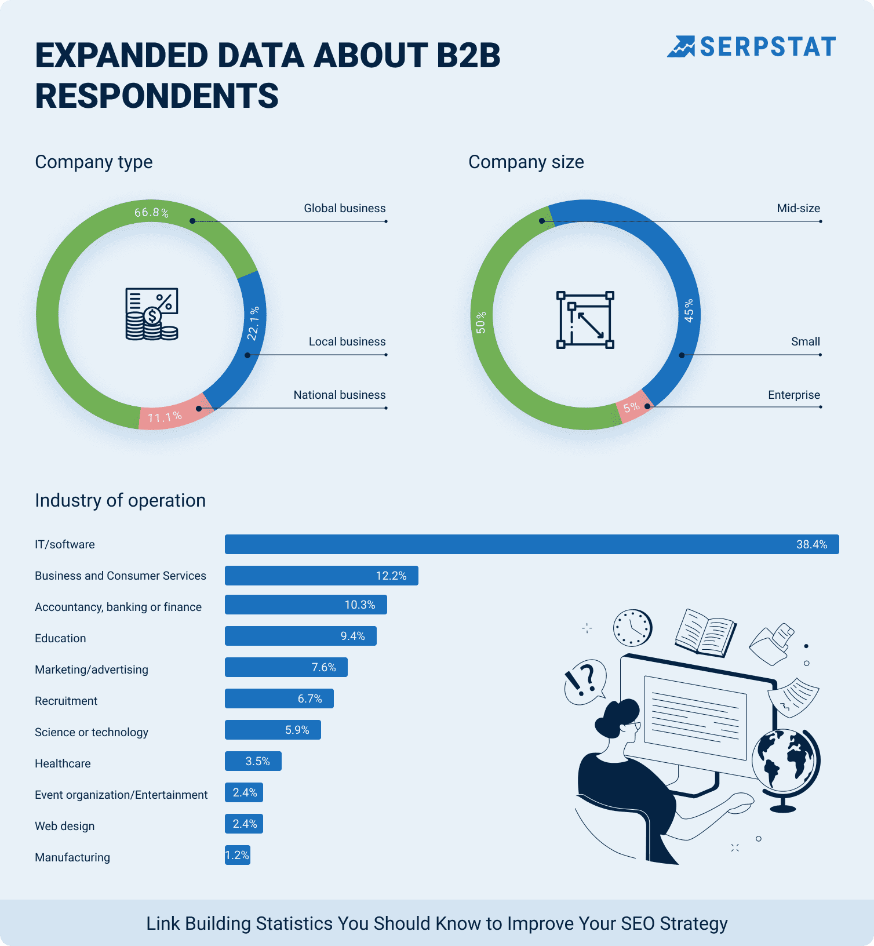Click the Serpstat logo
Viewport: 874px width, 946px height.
coord(751,47)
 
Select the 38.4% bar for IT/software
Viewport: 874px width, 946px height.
coord(531,544)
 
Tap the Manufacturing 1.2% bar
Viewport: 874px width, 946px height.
coord(238,855)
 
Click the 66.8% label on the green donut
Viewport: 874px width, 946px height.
coord(151,213)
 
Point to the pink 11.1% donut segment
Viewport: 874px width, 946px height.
coord(168,415)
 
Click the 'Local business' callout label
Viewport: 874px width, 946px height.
coord(347,341)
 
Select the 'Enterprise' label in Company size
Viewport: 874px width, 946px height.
coord(793,395)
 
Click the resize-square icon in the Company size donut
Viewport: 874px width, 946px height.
coord(585,320)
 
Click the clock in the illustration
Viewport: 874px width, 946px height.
coord(632,628)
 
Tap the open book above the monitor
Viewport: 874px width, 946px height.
coord(705,633)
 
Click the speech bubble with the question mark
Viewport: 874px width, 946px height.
coord(584,681)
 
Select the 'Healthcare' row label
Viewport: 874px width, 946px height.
coord(63,763)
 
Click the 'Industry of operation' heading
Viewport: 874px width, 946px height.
coord(120,500)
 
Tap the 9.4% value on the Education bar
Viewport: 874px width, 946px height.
coord(352,636)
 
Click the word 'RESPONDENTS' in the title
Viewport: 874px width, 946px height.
coord(156,96)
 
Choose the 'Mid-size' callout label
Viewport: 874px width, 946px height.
coord(798,208)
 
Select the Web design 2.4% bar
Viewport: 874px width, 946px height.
coord(244,824)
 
